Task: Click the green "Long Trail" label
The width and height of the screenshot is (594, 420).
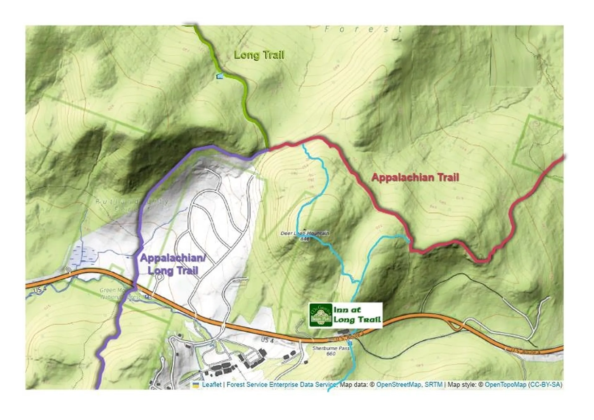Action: tap(259, 55)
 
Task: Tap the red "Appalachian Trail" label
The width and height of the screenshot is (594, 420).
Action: tap(415, 177)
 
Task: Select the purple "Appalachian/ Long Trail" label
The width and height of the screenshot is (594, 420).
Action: tap(173, 264)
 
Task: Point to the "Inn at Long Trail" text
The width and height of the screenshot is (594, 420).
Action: tap(357, 315)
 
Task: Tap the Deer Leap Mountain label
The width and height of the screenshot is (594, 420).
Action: tap(304, 233)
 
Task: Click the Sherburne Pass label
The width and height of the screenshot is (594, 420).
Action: tap(330, 348)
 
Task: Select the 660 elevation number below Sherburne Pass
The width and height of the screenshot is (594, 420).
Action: tap(331, 354)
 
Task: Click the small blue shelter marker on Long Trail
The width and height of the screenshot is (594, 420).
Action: tap(220, 76)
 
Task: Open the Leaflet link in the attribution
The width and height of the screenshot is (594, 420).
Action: tap(212, 384)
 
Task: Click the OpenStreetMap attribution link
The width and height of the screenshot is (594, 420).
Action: tap(398, 384)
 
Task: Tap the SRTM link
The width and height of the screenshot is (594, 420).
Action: tap(433, 384)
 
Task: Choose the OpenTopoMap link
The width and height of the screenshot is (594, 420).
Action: tap(505, 384)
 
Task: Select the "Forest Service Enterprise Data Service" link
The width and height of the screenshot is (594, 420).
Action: tap(281, 384)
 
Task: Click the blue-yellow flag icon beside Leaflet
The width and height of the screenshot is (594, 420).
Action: tap(196, 385)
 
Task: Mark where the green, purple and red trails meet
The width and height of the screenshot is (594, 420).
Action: tap(268, 149)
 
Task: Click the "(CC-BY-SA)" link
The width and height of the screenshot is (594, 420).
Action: tap(545, 384)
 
